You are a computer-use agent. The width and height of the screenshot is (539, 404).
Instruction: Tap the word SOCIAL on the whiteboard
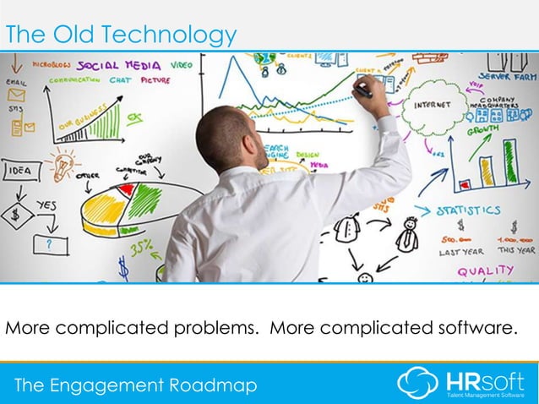point(101,64)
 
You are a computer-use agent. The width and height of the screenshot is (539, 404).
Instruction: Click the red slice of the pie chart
point(127,190)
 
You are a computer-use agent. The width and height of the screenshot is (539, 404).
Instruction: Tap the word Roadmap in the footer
point(218,386)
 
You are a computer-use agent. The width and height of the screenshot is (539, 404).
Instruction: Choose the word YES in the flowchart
point(46,206)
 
